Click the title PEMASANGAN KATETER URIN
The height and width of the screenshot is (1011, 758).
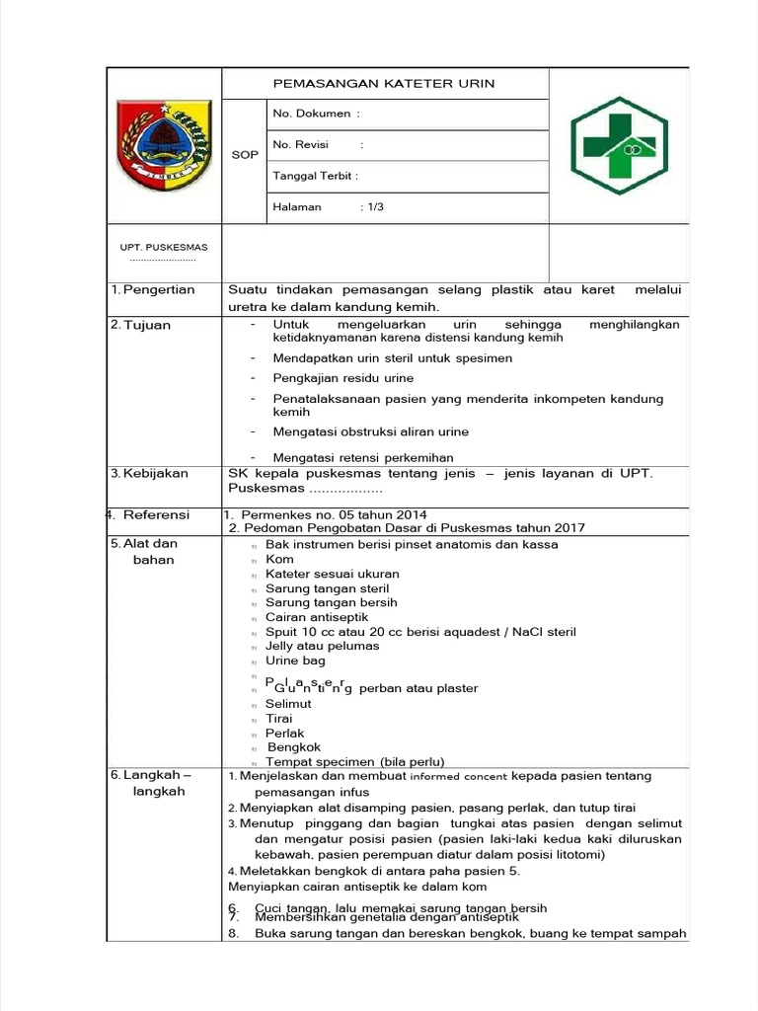384,84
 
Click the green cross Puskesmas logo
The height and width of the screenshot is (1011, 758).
619,145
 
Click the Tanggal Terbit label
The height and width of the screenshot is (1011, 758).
315,176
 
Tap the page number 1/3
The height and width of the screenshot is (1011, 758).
375,206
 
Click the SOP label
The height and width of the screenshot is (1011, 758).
245,155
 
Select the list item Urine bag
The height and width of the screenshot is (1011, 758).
295,661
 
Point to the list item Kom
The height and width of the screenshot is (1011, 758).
280,559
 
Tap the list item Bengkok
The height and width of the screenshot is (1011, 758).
294,747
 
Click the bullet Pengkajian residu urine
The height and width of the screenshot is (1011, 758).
343,378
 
